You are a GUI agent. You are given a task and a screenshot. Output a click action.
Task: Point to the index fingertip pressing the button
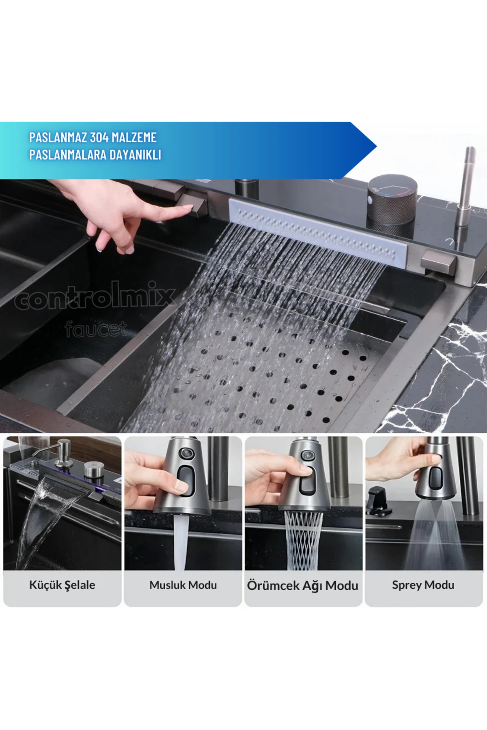[x=187, y=208]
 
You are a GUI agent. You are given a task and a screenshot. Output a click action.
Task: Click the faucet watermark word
[x=96, y=328]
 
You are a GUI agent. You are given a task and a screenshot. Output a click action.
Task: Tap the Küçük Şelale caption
[x=62, y=585]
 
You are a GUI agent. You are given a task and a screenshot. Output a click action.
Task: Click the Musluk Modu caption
[x=183, y=585]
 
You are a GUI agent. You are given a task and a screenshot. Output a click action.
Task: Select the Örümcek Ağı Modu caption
[x=303, y=585]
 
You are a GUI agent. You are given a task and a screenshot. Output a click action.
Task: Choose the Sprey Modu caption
[x=423, y=585]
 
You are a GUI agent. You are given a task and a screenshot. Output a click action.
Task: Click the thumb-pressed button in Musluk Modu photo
[x=186, y=481]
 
